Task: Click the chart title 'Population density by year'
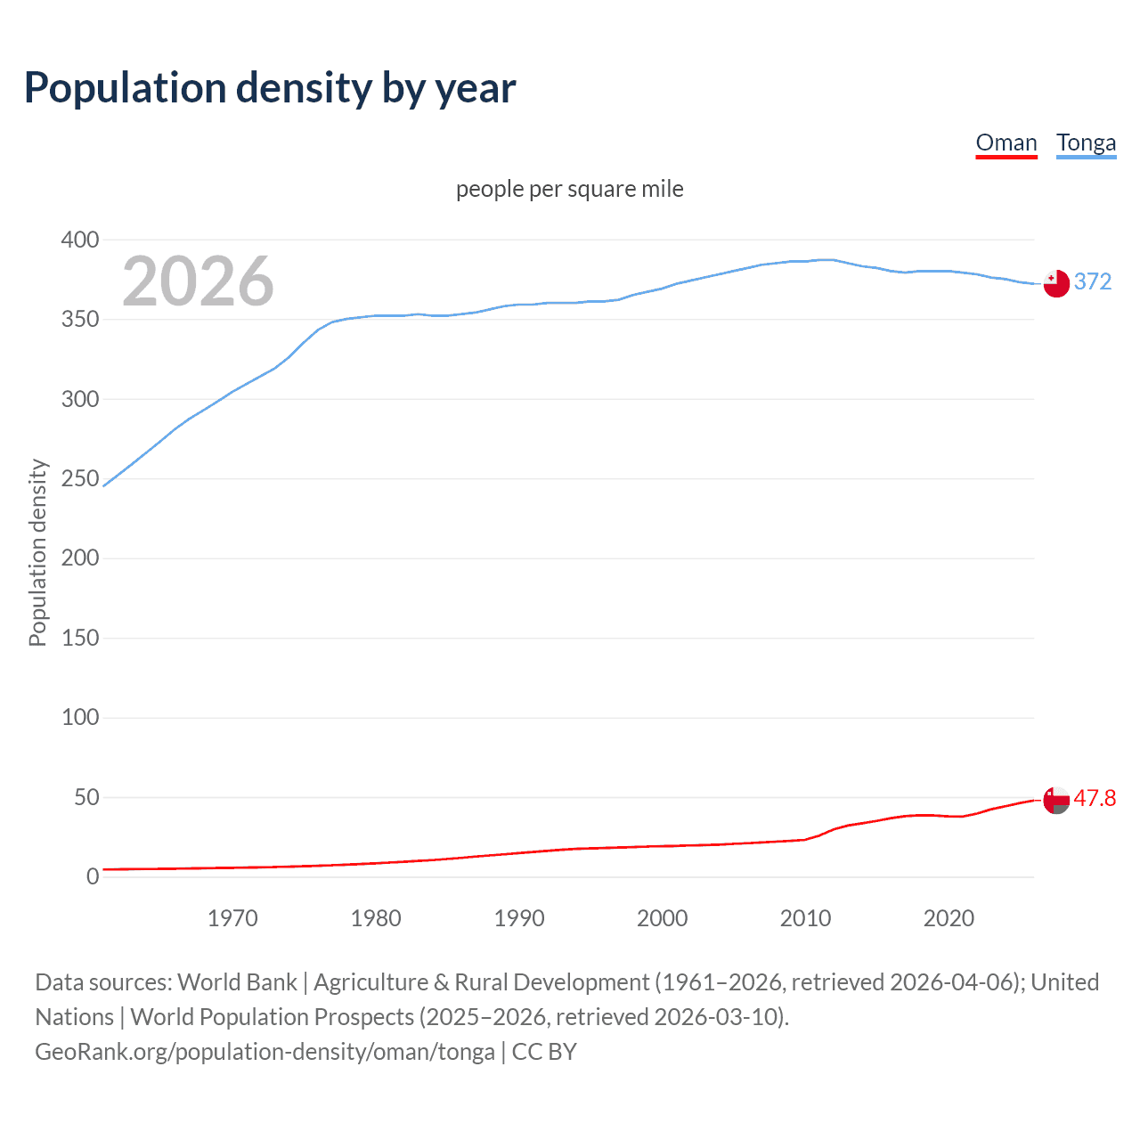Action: (x=270, y=88)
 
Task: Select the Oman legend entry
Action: (x=1006, y=142)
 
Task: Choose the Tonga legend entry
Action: (x=1086, y=142)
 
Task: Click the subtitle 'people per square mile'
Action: (x=570, y=189)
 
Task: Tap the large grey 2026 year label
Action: (x=198, y=281)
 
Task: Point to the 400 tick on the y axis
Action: (x=80, y=240)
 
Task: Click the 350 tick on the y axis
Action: (x=80, y=319)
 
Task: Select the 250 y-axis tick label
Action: (x=80, y=478)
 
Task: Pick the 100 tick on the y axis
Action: (x=80, y=718)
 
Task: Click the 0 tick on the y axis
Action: (x=93, y=877)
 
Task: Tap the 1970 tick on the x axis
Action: (x=232, y=918)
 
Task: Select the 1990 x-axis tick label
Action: (x=519, y=918)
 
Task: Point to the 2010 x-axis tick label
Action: (x=805, y=918)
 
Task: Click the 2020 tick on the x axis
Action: (x=949, y=918)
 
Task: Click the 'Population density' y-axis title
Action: (x=37, y=552)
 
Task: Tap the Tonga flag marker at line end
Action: (x=1056, y=283)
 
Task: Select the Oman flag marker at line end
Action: (x=1056, y=800)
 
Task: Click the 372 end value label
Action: (x=1093, y=281)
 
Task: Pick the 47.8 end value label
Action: (x=1095, y=798)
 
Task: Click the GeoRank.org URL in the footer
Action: (x=265, y=1052)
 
